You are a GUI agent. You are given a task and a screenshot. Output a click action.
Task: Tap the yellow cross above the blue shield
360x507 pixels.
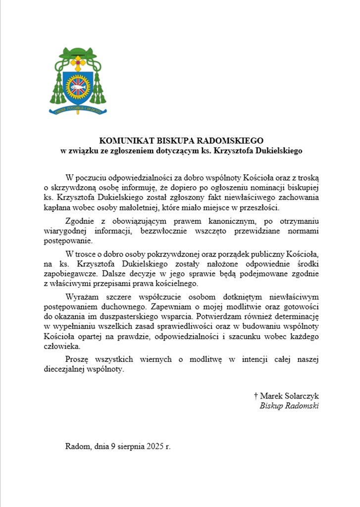point(78,63)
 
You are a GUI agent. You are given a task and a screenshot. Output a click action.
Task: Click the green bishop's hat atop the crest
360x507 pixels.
point(78,52)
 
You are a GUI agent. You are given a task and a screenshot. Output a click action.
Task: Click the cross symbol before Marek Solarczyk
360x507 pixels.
point(256,396)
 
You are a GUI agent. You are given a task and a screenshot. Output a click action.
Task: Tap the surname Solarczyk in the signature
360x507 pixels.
point(302,396)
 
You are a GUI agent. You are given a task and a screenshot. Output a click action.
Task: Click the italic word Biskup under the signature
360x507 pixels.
point(271,406)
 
